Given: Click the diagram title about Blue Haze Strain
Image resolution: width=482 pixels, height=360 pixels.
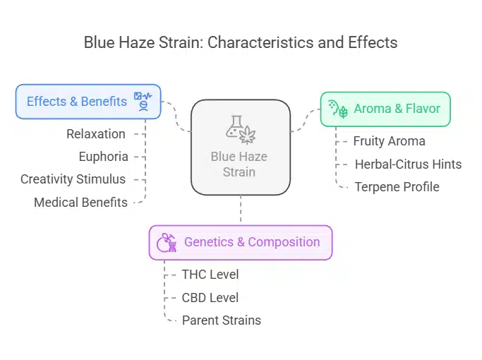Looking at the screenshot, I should [x=241, y=42].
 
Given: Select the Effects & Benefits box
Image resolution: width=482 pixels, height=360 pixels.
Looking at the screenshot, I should [x=88, y=101].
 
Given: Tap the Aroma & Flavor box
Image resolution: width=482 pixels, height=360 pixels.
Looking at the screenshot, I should [x=385, y=109].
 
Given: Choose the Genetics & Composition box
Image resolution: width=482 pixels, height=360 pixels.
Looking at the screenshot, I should [x=240, y=242].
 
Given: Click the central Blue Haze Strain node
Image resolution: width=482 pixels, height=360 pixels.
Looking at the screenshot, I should [x=240, y=147].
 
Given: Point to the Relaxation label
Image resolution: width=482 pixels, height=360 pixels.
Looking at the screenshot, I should [x=96, y=133].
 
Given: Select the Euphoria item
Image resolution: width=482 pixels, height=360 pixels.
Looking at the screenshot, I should [x=103, y=156].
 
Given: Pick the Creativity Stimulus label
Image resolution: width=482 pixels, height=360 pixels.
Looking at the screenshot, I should [x=73, y=179].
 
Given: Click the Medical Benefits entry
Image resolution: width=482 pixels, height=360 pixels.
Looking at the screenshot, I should [x=80, y=203].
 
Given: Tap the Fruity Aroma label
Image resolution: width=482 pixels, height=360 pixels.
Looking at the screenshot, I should [x=389, y=140].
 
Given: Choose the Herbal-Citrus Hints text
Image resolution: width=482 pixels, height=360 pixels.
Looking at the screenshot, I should [x=407, y=164].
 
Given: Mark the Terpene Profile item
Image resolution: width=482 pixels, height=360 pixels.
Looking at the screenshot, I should [x=397, y=187].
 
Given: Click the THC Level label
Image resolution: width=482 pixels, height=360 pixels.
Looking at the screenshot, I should [x=210, y=274].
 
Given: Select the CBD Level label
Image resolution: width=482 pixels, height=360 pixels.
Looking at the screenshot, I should [x=210, y=297].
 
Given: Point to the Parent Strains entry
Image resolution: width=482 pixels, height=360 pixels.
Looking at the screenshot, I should [x=221, y=320].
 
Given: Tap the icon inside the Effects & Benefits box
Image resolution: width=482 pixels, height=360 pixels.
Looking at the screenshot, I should [x=142, y=101].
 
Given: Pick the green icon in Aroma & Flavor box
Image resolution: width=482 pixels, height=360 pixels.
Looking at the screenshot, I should [x=338, y=109].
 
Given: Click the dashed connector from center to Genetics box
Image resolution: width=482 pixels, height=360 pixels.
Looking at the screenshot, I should [x=241, y=210].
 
